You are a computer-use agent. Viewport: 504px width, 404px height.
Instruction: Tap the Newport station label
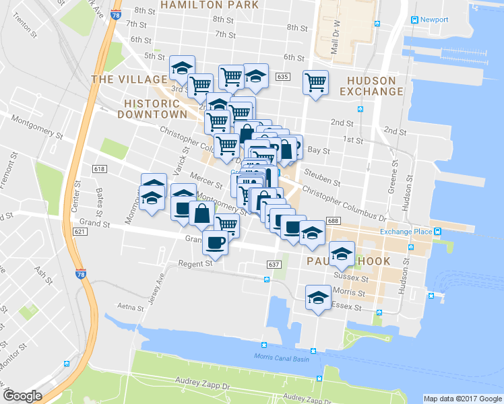[x=433, y=20]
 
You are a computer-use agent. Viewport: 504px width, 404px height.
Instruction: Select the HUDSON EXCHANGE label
[x=374, y=86]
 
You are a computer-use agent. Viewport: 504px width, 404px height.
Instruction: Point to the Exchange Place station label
[x=405, y=232]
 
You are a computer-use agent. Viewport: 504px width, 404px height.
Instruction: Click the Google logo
[x=22, y=396]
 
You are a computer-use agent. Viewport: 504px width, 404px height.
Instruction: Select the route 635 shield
[x=282, y=77]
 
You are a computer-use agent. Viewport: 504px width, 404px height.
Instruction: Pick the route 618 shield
[x=100, y=169]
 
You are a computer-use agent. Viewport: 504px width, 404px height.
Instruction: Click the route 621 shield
[x=80, y=231]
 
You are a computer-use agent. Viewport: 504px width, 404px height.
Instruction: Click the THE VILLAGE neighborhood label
[x=120, y=79]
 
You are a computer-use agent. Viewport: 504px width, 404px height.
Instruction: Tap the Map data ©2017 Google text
[x=462, y=399]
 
